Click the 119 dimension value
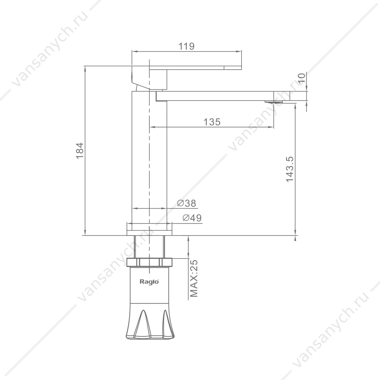click(x=186, y=46)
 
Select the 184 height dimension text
click(x=80, y=151)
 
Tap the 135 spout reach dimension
click(x=212, y=122)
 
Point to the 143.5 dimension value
click(x=289, y=169)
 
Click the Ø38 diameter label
click(x=187, y=203)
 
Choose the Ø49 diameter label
click(x=192, y=218)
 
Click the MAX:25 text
click(x=194, y=278)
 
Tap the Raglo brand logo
click(x=149, y=281)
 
